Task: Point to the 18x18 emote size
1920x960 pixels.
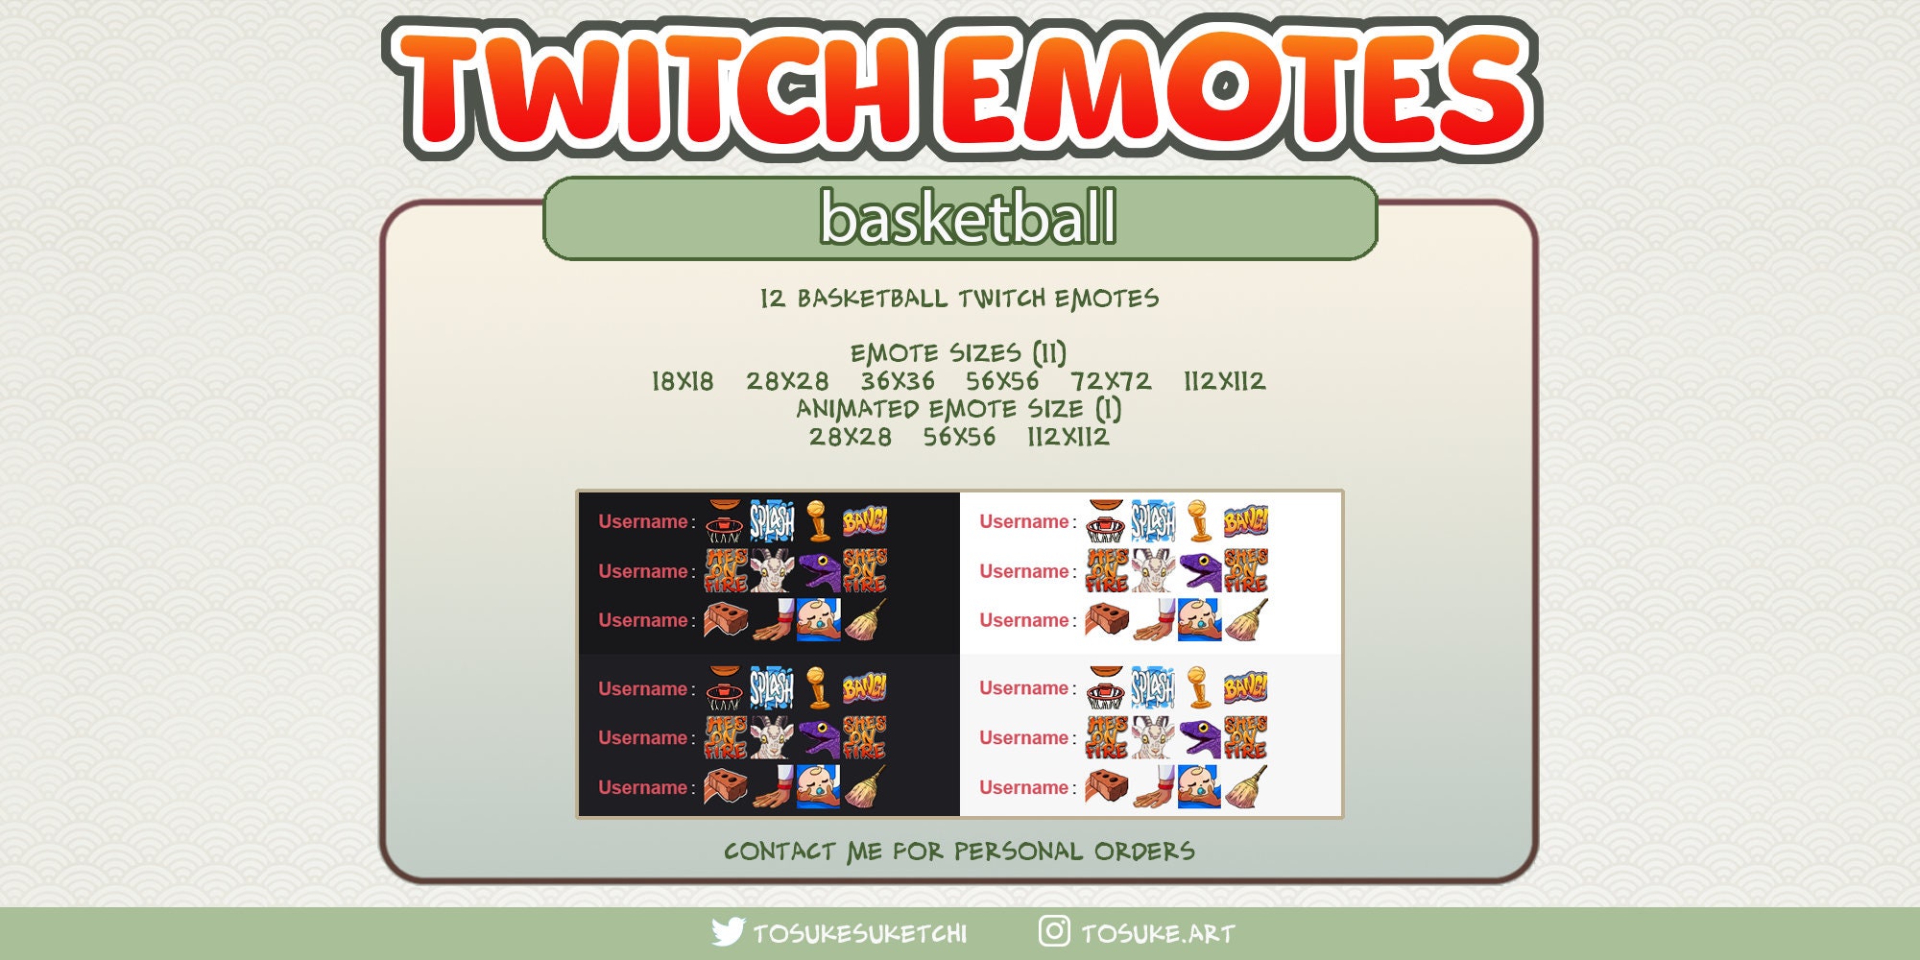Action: click(683, 381)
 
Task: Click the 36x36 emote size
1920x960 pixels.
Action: click(897, 381)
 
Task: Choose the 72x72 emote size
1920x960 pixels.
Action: click(1111, 381)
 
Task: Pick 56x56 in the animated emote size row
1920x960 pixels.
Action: click(959, 437)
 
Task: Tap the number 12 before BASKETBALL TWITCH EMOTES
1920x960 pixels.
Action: click(773, 299)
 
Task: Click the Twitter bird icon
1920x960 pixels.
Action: click(728, 931)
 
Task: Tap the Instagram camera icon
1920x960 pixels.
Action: click(1054, 930)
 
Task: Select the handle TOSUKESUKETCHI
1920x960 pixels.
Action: click(859, 933)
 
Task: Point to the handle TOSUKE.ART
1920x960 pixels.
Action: click(1158, 933)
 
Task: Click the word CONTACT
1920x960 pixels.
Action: click(780, 852)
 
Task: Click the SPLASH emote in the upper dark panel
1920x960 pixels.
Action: click(771, 521)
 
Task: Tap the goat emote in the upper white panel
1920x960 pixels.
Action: click(1152, 571)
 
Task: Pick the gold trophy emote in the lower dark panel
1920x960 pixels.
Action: click(817, 687)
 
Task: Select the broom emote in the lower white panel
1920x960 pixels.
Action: click(1245, 786)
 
